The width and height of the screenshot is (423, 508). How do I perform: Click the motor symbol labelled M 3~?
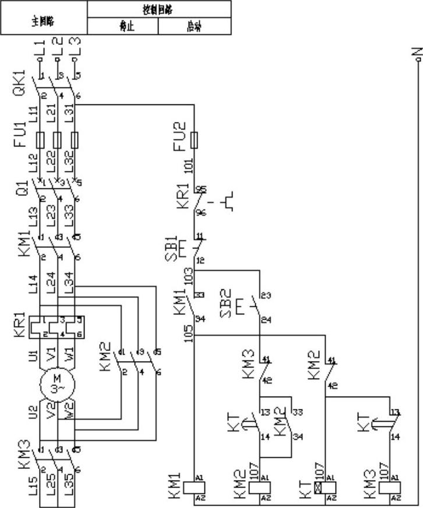pyautogui.click(x=57, y=385)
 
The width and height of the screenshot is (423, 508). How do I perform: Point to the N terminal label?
pyautogui.click(x=416, y=53)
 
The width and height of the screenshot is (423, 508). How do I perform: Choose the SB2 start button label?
pyautogui.click(x=228, y=303)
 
